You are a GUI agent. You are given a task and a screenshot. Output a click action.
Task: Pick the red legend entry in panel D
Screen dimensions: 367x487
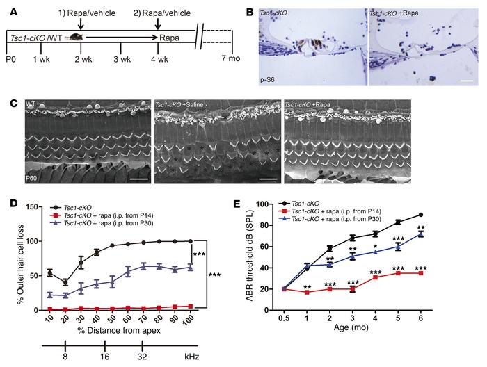(x=103, y=215)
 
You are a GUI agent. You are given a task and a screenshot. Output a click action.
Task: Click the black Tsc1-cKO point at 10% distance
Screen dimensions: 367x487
(x=49, y=253)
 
